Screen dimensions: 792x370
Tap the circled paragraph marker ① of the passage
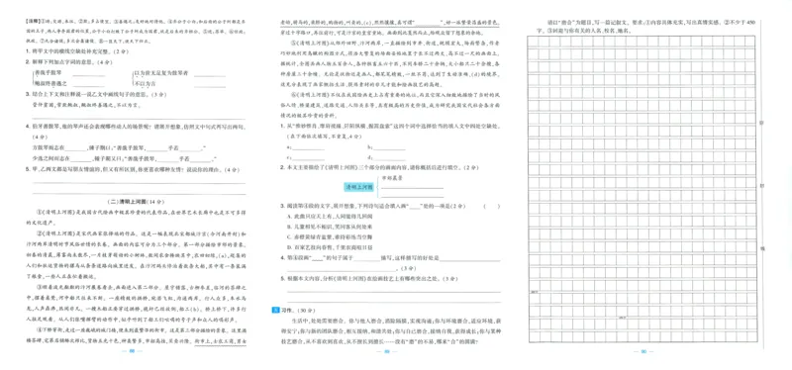pos(42,214)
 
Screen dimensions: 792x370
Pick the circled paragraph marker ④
pos(40,343)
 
